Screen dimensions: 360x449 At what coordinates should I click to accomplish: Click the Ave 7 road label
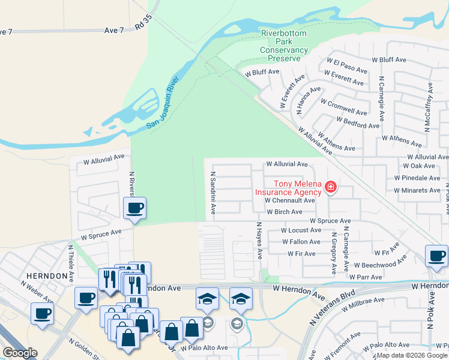click(x=113, y=30)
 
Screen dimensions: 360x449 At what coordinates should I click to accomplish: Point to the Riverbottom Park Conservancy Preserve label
click(x=284, y=46)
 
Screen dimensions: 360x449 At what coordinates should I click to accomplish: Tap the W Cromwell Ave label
click(x=344, y=107)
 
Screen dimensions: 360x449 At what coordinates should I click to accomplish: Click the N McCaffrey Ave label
click(x=429, y=101)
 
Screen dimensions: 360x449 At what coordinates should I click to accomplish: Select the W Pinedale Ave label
click(x=417, y=178)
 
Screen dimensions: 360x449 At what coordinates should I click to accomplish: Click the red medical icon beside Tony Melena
click(x=330, y=188)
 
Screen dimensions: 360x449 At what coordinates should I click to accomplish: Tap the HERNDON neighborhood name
click(x=46, y=275)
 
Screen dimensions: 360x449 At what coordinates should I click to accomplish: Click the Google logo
click(x=20, y=352)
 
